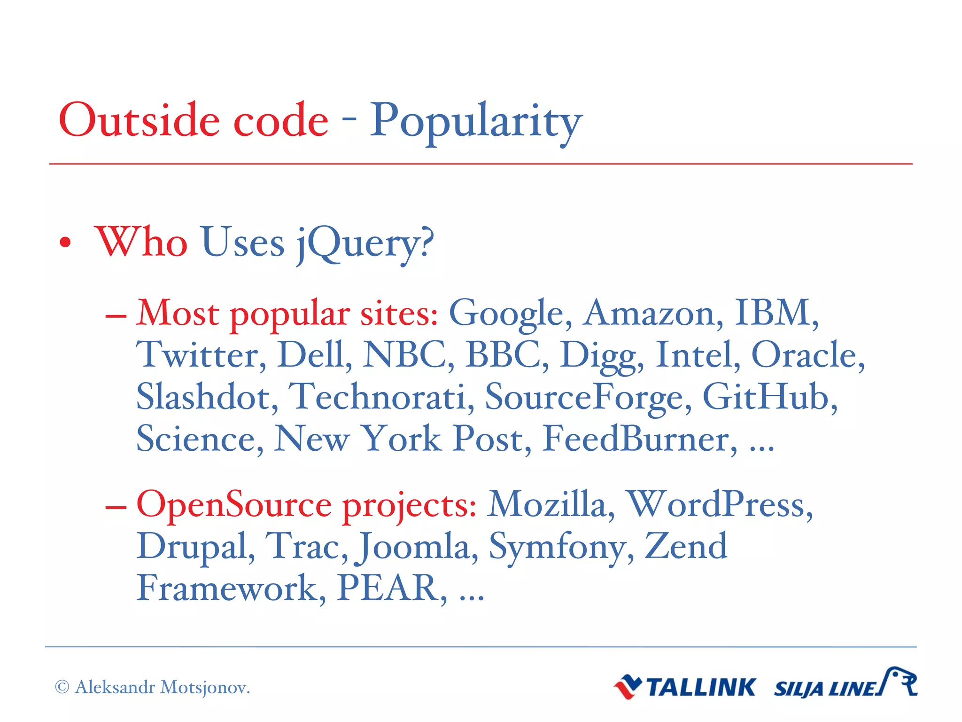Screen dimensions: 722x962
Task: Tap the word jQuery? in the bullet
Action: (365, 243)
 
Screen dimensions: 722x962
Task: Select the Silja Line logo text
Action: (825, 689)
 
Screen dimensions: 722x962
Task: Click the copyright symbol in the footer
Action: (62, 687)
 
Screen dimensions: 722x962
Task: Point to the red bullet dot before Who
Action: (65, 243)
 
